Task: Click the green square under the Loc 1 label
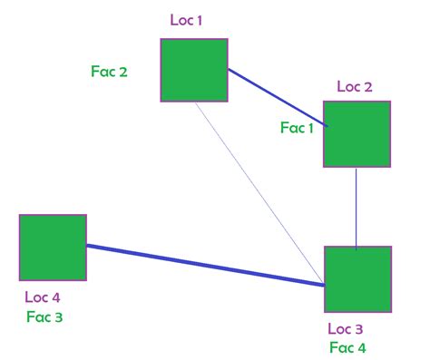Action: (x=194, y=70)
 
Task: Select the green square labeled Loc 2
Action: (x=357, y=134)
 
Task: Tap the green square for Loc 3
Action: (x=357, y=279)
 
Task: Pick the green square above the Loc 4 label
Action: (x=53, y=248)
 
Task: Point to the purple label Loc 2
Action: (x=355, y=87)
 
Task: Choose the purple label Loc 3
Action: (x=347, y=328)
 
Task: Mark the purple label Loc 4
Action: (x=44, y=297)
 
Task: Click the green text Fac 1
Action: (x=297, y=129)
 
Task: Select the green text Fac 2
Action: (x=109, y=71)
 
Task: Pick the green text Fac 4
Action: (x=347, y=347)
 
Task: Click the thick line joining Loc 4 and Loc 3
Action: (x=205, y=265)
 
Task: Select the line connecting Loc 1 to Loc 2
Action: (x=275, y=95)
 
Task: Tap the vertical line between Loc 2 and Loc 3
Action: (x=357, y=207)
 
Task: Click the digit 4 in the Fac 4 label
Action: (x=362, y=347)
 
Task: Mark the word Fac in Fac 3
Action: (x=37, y=317)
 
